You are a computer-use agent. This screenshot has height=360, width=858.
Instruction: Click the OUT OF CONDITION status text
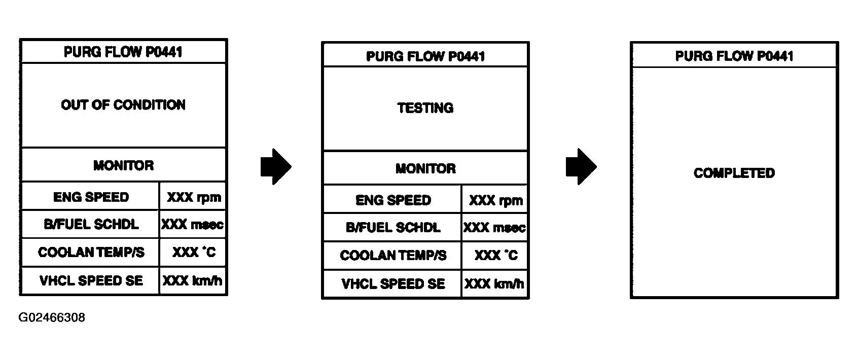(x=123, y=105)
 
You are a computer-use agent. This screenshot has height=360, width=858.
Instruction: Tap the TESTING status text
(x=425, y=108)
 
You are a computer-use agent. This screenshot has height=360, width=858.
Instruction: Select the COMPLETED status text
(x=734, y=173)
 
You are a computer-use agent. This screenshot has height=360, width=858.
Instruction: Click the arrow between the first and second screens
(x=276, y=167)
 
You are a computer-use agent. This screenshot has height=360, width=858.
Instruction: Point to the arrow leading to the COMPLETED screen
(x=581, y=167)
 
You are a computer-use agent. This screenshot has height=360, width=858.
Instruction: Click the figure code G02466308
(x=52, y=317)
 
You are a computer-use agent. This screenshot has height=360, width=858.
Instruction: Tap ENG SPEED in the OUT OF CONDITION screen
(x=91, y=197)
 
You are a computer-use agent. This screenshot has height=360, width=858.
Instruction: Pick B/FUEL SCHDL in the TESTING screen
(x=393, y=228)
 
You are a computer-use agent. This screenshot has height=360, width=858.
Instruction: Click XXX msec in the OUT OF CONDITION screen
(x=192, y=225)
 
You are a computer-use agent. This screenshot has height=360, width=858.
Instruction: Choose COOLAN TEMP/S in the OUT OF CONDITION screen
(x=91, y=253)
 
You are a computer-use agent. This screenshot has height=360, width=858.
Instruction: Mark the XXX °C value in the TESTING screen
(x=496, y=256)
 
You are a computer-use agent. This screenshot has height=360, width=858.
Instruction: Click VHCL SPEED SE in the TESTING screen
(x=393, y=284)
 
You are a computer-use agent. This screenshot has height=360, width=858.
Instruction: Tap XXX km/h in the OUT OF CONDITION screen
(x=192, y=281)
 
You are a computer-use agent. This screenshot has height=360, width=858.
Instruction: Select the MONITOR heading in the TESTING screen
(x=425, y=168)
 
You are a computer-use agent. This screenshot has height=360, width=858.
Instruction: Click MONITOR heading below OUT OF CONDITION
(x=123, y=165)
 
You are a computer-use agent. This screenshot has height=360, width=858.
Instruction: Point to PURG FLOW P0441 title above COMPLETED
(x=734, y=56)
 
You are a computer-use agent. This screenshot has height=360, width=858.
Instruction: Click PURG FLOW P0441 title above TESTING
(x=425, y=56)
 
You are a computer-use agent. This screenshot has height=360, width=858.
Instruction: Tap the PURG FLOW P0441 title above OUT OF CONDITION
(x=123, y=52)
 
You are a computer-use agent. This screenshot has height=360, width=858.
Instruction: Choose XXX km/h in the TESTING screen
(x=494, y=284)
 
